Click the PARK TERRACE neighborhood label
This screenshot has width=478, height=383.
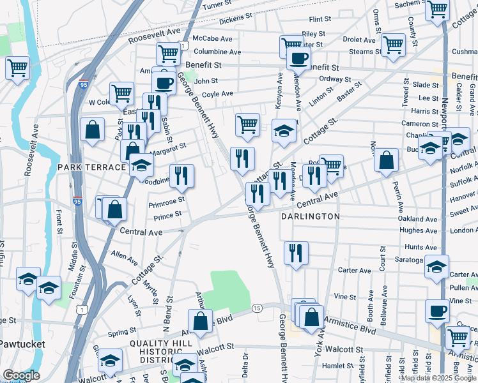(x=91, y=167)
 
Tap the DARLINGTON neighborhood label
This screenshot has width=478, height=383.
(x=310, y=216)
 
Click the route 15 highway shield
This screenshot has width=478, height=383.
(x=257, y=308)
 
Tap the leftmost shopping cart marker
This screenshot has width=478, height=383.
(x=18, y=67)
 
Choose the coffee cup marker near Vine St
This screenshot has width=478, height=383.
(x=438, y=311)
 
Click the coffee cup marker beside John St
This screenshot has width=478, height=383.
(x=164, y=82)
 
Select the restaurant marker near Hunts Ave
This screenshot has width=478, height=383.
(x=296, y=253)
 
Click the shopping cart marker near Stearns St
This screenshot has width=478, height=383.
(x=393, y=45)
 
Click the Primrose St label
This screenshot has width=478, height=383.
(x=166, y=200)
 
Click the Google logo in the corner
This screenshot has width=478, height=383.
(x=21, y=375)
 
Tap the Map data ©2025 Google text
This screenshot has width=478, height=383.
(x=438, y=378)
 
